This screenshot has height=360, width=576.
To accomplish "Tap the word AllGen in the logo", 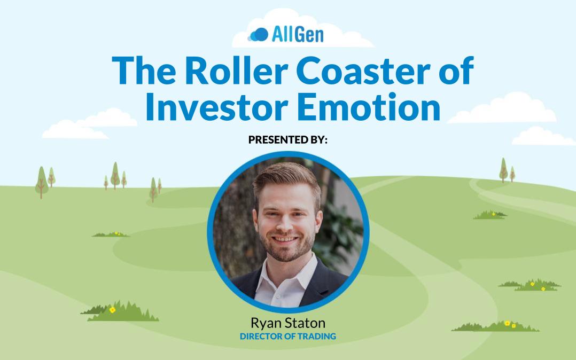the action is [x=298, y=35].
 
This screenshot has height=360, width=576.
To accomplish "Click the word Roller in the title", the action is [x=236, y=71].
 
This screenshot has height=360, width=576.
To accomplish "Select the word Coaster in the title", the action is [x=363, y=71].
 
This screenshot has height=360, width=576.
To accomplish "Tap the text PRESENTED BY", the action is [x=287, y=139].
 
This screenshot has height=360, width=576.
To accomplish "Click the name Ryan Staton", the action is [x=288, y=323].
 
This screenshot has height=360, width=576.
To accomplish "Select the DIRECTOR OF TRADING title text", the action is [x=288, y=336].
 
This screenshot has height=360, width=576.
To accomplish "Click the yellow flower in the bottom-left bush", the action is [x=112, y=310].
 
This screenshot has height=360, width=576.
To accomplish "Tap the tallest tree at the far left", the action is [x=42, y=183].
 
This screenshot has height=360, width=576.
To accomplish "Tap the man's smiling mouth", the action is [x=285, y=239].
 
